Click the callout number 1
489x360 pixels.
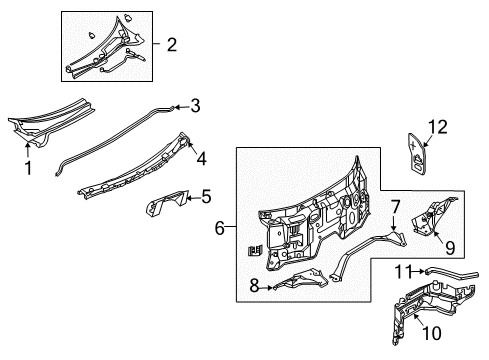coord(28,168)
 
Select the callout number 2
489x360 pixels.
coord(171,44)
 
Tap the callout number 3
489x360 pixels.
coord(196,104)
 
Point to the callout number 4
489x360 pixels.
coord(201,157)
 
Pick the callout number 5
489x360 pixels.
coord(207,197)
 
